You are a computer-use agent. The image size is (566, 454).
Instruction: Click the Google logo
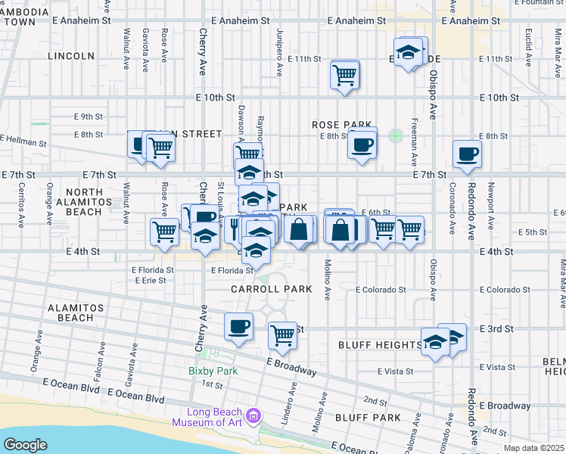25,445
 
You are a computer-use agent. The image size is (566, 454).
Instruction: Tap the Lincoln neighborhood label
70,56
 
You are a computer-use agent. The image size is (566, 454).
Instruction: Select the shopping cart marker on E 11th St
344,75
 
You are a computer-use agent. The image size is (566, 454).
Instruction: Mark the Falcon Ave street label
99,349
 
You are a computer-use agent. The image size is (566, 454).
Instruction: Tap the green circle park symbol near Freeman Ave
395,136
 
